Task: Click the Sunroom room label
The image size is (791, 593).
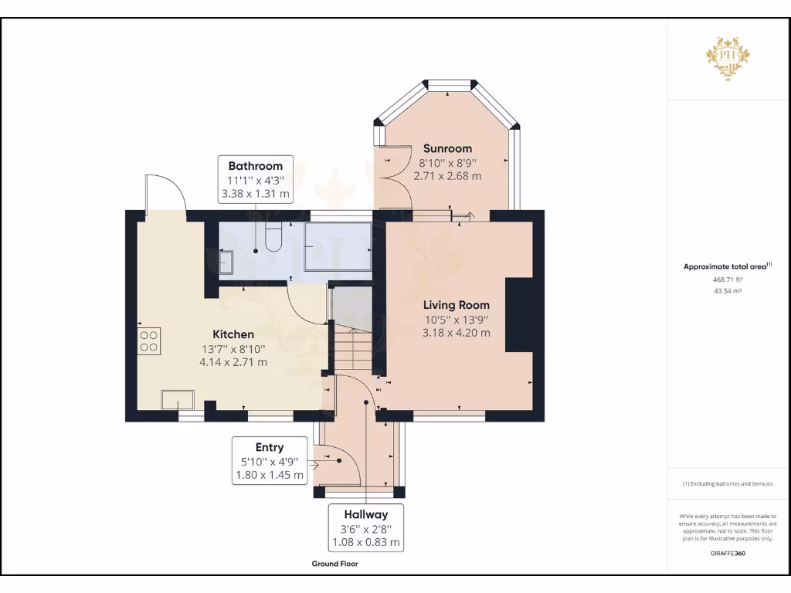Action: pos(447,148)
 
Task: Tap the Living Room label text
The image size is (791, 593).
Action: pos(456,305)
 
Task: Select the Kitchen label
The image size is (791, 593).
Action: pos(233,334)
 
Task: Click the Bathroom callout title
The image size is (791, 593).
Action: pos(255,166)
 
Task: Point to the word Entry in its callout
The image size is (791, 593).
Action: pos(270,447)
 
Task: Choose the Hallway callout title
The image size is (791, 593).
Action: pos(365,514)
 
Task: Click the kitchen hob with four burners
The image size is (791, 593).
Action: pos(149,341)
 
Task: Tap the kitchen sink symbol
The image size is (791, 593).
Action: pos(178,399)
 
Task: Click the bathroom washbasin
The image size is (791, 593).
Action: pos(226,263)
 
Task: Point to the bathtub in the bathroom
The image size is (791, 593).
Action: pos(338,246)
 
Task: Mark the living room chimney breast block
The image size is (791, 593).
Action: pos(519,314)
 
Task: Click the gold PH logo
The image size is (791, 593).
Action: pos(728,58)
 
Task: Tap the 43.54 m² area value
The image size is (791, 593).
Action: pos(728,291)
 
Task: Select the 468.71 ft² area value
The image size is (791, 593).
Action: pos(728,280)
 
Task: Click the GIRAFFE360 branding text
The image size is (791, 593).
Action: pos(728,553)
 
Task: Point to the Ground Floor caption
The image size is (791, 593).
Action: pos(334,564)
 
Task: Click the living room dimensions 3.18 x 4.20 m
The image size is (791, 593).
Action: pos(456,333)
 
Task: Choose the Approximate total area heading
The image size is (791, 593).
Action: pos(725,266)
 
